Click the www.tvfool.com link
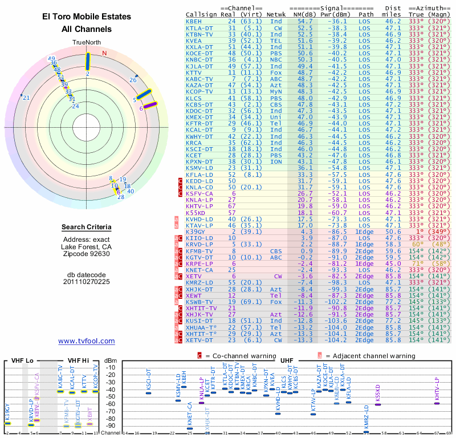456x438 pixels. [87, 341]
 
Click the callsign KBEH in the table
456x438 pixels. [194, 21]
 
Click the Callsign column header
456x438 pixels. [202, 14]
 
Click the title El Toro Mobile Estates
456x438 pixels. [87, 17]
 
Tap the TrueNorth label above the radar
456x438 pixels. [87, 43]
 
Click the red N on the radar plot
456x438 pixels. [104, 53]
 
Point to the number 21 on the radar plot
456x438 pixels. [26, 98]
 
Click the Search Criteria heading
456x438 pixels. [87, 228]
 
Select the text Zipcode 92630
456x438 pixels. [87, 254]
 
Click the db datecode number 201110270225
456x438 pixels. [87, 281]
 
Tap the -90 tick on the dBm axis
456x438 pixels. [110, 425]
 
